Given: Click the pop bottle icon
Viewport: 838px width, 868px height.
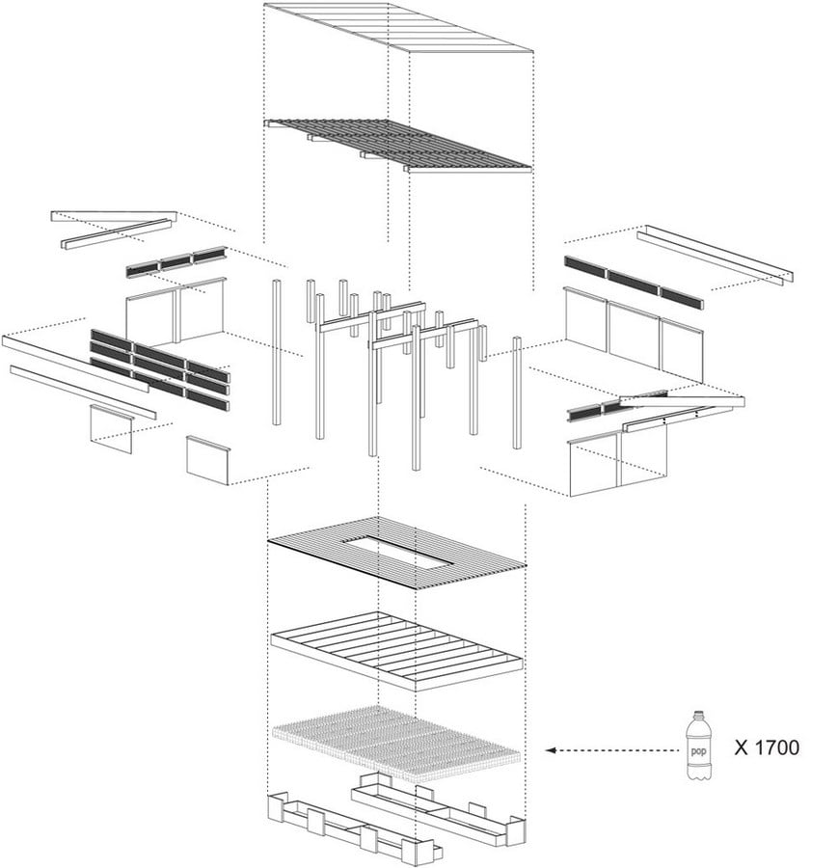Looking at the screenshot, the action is tap(699, 746).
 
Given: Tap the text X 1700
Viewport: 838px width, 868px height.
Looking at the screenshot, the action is tap(767, 747).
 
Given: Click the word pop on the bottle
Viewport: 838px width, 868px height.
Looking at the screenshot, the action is tap(698, 751).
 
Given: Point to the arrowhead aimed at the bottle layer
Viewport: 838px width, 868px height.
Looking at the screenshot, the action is tap(551, 750).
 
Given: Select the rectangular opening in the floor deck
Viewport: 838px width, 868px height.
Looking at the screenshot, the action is tap(397, 553).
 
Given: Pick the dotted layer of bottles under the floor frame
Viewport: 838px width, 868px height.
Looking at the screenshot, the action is tap(396, 744).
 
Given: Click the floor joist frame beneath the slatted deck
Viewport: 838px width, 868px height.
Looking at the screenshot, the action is tap(396, 651).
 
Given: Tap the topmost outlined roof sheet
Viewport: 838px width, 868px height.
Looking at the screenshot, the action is tap(398, 28).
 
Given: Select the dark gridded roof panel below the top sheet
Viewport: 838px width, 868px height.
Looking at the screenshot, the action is tap(398, 145).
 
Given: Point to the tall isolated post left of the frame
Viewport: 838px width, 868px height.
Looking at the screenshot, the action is tap(276, 352).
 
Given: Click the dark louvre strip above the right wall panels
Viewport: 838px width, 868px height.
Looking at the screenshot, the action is tap(634, 283).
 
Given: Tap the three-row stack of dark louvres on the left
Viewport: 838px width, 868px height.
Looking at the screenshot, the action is tap(160, 369).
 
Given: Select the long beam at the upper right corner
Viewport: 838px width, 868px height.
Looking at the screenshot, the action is tap(716, 256).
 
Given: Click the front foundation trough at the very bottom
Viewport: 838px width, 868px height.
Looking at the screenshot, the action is tap(353, 828).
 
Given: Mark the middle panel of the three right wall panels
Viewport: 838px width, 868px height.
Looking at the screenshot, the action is tap(635, 334).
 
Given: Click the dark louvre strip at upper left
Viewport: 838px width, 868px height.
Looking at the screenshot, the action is tap(176, 261).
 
